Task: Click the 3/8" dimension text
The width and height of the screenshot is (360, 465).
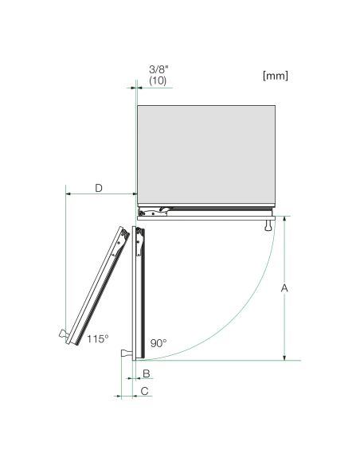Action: coord(158,70)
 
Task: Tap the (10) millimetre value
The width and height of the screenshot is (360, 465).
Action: coord(158,80)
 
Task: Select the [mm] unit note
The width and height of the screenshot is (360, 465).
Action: coord(276,76)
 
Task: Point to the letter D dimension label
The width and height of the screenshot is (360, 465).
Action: coord(99,188)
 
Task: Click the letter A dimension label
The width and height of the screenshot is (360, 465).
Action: coord(284,288)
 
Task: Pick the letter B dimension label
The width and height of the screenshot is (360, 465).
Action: coord(147,373)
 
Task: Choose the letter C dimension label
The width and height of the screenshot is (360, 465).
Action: coord(144,391)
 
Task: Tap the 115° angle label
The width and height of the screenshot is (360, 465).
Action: coord(97,338)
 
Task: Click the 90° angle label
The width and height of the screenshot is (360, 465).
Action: coord(158,343)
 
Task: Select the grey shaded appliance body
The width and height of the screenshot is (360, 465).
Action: coord(206,154)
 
